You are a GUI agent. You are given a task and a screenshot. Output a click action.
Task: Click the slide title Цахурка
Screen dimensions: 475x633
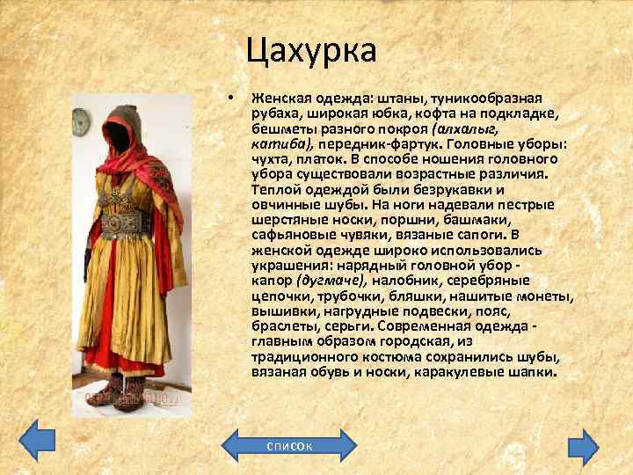point(311,50)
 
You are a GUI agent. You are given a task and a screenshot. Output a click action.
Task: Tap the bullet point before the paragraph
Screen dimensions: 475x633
point(229,97)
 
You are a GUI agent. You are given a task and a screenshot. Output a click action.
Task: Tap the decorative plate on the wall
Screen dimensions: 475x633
point(82,118)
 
